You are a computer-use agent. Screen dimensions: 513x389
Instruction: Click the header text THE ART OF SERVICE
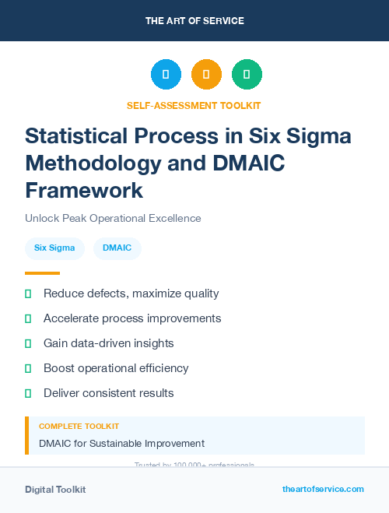pyautogui.click(x=194, y=20)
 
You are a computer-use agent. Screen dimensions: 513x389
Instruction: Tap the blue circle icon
pyautogui.click(x=166, y=75)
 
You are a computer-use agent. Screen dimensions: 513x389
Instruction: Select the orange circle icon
pyautogui.click(x=206, y=75)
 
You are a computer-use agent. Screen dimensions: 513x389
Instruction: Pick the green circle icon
pyautogui.click(x=247, y=75)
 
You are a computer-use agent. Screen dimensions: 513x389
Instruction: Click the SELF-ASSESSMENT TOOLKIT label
pyautogui.click(x=194, y=105)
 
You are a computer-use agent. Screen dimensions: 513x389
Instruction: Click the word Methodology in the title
pyautogui.click(x=96, y=163)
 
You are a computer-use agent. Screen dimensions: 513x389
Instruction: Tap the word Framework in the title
pyautogui.click(x=84, y=190)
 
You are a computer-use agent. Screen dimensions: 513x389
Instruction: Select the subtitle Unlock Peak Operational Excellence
pyautogui.click(x=113, y=218)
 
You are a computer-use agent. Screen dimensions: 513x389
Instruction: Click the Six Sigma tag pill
pyautogui.click(x=54, y=248)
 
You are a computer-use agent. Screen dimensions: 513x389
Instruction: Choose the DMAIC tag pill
pyautogui.click(x=117, y=248)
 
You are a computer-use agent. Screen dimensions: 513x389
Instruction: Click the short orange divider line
pyautogui.click(x=42, y=273)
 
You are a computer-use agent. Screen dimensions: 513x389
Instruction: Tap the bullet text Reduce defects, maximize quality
pyautogui.click(x=131, y=293)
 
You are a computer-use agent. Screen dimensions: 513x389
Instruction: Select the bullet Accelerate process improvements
pyautogui.click(x=132, y=318)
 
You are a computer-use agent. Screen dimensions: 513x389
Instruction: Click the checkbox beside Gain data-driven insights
pyautogui.click(x=28, y=343)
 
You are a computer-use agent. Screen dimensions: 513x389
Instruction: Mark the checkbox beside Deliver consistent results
pyautogui.click(x=28, y=393)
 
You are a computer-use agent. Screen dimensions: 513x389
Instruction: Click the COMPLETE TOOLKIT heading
pyautogui.click(x=79, y=427)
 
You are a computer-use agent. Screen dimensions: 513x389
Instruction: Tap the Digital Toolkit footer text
pyautogui.click(x=55, y=490)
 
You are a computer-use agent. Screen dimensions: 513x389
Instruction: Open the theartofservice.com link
pyautogui.click(x=323, y=489)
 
